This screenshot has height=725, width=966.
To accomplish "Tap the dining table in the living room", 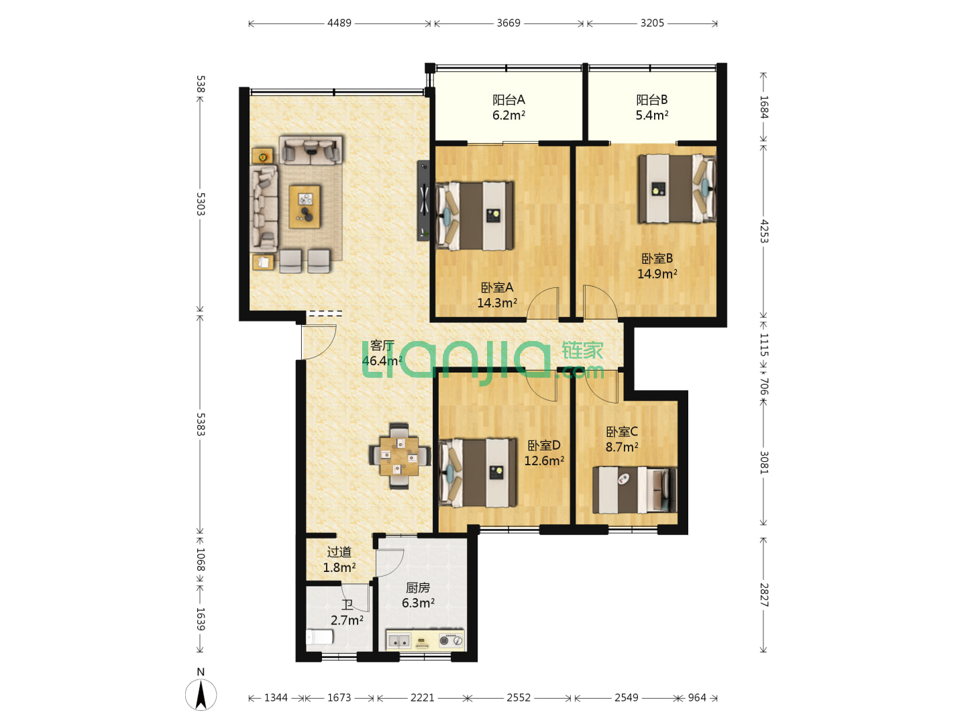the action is click(x=399, y=456).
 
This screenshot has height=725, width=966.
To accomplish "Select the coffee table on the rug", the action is click(x=305, y=207).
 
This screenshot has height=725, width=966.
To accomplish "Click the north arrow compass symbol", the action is click(x=201, y=695).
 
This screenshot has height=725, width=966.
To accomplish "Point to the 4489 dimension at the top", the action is click(x=339, y=23).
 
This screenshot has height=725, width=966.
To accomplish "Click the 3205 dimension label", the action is click(x=652, y=23).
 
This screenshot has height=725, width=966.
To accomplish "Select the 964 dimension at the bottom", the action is click(x=697, y=697).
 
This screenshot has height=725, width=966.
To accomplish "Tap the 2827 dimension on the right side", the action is click(x=764, y=595).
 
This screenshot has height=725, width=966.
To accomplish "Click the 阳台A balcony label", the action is click(x=508, y=100).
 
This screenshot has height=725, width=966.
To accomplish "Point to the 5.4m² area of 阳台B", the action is click(x=652, y=115).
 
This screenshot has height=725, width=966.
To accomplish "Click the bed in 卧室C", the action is click(x=634, y=490).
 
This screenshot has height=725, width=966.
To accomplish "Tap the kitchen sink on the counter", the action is click(x=398, y=640).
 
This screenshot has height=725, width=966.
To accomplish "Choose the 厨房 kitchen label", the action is click(x=418, y=587).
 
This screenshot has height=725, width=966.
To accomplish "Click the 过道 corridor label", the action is click(x=339, y=552).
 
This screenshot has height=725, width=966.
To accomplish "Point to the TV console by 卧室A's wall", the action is click(x=423, y=200).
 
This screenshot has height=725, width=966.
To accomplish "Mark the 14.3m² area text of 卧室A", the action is click(x=497, y=303).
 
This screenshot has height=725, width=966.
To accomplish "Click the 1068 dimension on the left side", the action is click(x=201, y=559).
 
